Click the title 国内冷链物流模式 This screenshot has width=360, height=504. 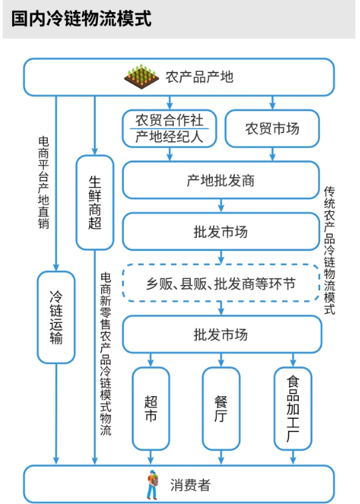(x=81, y=19)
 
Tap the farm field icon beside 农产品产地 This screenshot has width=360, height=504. (x=142, y=77)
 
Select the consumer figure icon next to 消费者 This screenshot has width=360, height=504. (x=153, y=485)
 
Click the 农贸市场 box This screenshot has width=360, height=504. (x=272, y=128)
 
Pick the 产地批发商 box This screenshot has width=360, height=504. (x=221, y=180)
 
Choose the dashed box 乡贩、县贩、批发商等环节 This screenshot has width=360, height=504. (x=221, y=283)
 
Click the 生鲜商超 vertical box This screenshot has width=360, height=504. (x=94, y=202)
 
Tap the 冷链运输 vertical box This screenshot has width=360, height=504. (x=56, y=318)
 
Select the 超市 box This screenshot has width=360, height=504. (x=150, y=409)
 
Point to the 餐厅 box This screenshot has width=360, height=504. (x=221, y=409)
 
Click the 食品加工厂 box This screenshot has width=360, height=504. (x=293, y=409)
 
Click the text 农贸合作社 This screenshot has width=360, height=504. (x=169, y=121)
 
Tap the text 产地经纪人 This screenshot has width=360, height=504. (x=169, y=136)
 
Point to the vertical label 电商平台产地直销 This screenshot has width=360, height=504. (x=44, y=182)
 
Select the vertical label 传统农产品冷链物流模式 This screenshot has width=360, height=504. (x=329, y=250)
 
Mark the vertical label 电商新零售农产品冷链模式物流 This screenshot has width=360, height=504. (x=106, y=354)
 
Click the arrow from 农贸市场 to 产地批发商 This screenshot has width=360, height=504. (x=272, y=154)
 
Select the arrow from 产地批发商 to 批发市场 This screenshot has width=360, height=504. (x=221, y=206)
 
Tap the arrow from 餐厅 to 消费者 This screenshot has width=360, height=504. (x=221, y=457)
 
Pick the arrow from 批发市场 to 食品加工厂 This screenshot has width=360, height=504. (x=293, y=360)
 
